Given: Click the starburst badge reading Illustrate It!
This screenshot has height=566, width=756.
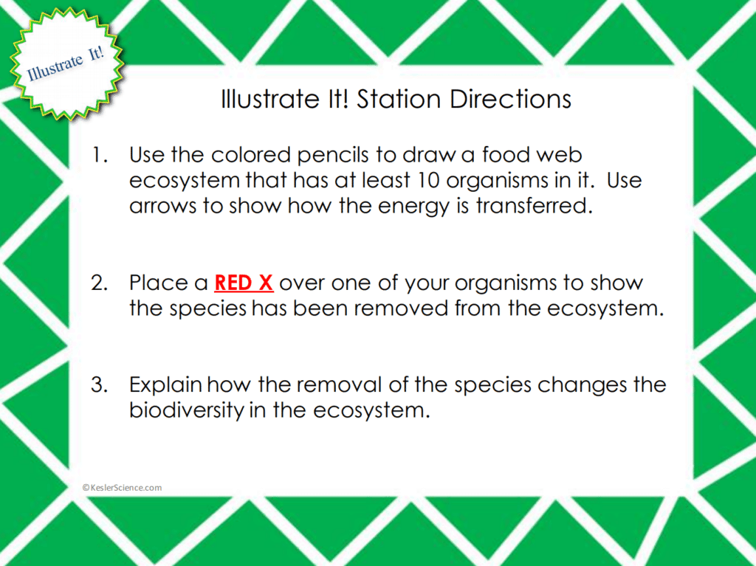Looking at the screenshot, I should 65,63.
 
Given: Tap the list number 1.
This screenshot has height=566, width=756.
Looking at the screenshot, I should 100,155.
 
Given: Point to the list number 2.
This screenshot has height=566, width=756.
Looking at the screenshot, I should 100,283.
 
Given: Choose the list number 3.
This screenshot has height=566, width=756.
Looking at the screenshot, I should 100,385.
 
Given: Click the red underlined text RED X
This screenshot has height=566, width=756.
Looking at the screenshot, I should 244,283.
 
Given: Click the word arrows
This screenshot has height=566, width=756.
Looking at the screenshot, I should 163,207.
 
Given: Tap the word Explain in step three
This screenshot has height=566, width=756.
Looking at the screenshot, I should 166,386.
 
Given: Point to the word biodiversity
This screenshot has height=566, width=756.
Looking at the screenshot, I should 186,411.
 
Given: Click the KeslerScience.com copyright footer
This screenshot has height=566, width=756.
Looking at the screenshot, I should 123,487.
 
